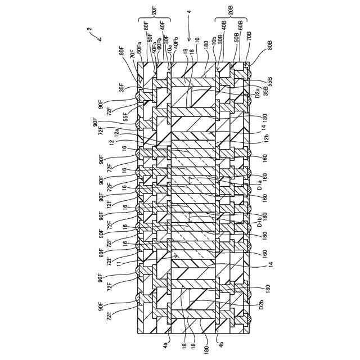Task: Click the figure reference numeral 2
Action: coord(90,29)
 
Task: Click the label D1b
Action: coord(260,222)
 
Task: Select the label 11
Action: coord(119,262)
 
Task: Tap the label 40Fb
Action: coord(177,43)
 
